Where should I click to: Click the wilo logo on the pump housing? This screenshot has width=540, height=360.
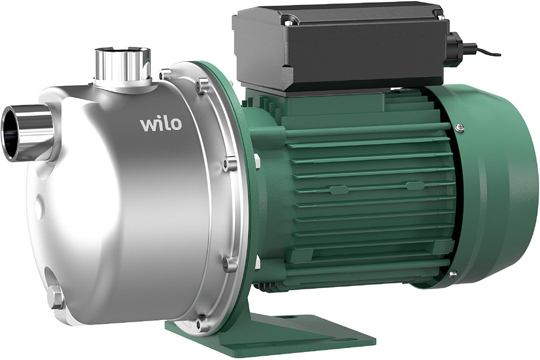[x=161, y=124]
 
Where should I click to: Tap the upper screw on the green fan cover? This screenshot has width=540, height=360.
[x=459, y=127]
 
